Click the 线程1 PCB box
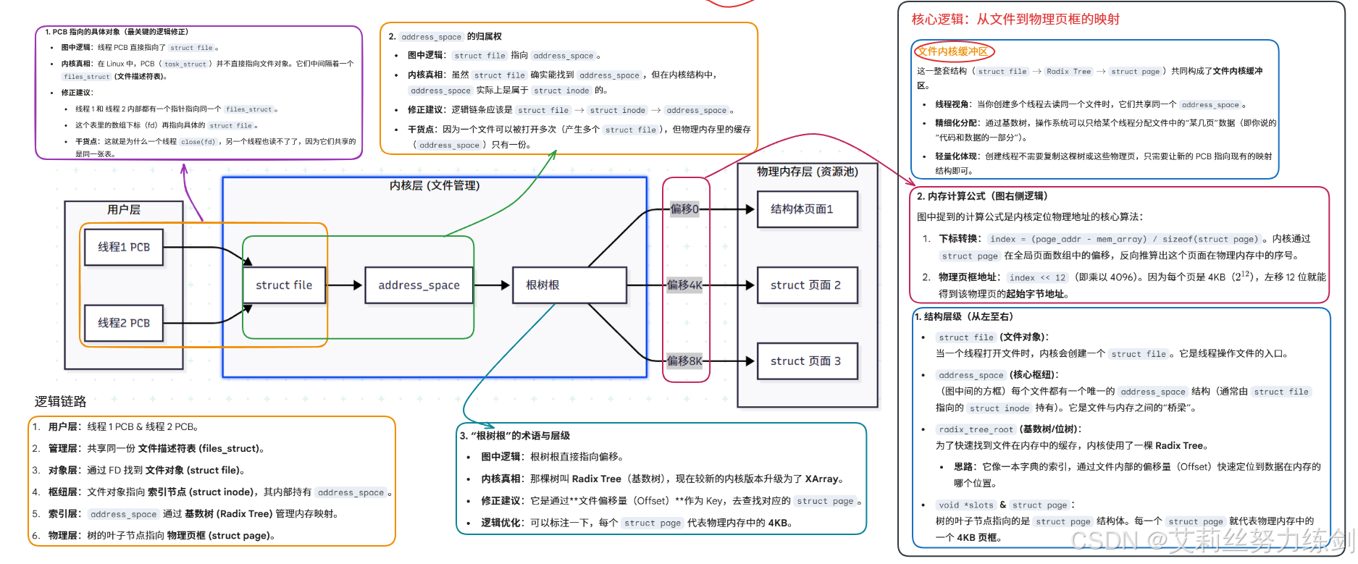click(x=124, y=247)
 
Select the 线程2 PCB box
click(x=124, y=323)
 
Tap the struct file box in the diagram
click(x=284, y=285)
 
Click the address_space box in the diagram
click(x=419, y=285)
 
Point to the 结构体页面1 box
click(x=807, y=209)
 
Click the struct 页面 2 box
click(x=807, y=285)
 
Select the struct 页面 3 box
click(x=807, y=361)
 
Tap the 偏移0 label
click(x=684, y=209)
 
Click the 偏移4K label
click(x=684, y=285)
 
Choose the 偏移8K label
click(x=684, y=361)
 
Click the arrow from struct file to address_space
click(x=345, y=285)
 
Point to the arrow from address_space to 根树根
click(x=493, y=285)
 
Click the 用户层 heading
click(x=124, y=210)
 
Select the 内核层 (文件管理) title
click(x=435, y=185)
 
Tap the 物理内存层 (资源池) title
click(x=808, y=172)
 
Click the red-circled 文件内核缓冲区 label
click(x=953, y=51)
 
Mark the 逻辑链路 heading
click(x=61, y=401)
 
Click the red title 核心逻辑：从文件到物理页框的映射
click(x=1015, y=20)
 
